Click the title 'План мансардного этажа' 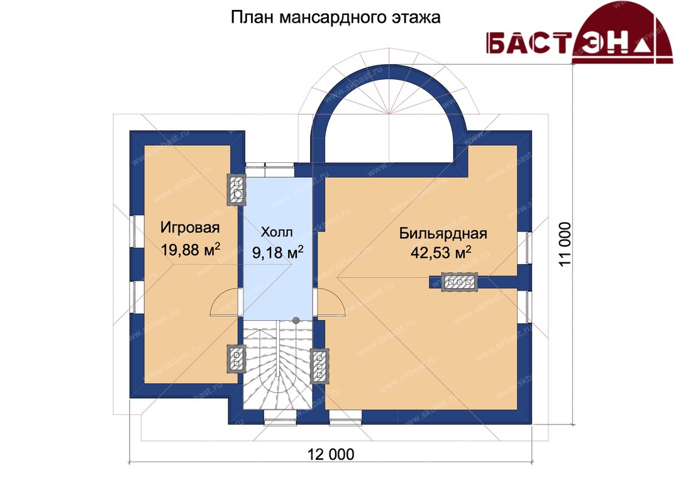[335, 17]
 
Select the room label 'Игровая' [190, 227]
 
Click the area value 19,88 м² [191, 249]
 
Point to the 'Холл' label [277, 232]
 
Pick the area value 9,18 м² [278, 252]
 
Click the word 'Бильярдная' [443, 233]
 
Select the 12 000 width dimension [331, 454]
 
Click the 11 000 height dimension [565, 245]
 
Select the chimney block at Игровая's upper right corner [236, 189]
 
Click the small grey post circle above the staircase [296, 320]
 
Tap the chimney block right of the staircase [319, 366]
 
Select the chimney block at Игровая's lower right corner [236, 358]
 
